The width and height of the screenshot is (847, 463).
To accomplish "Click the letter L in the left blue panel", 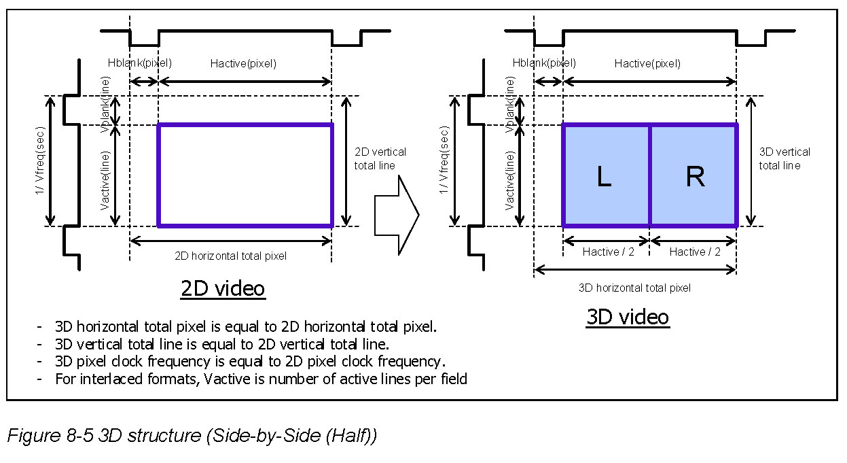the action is (x=604, y=176).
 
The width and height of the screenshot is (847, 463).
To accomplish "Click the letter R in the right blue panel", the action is (x=696, y=176).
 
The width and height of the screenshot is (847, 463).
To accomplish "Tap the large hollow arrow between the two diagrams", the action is (x=397, y=215).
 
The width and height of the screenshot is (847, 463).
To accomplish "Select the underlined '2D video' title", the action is (x=223, y=288).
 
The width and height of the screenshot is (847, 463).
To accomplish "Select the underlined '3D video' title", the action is (x=628, y=317).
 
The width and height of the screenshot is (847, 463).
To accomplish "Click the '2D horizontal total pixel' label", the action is (x=231, y=256).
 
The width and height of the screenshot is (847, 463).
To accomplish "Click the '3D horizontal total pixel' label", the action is (x=634, y=288).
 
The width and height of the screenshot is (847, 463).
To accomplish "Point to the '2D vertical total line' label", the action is (x=380, y=158).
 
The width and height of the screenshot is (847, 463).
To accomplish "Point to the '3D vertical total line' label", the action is (x=785, y=158).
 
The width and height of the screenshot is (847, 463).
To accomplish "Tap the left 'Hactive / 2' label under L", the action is (x=608, y=252).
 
